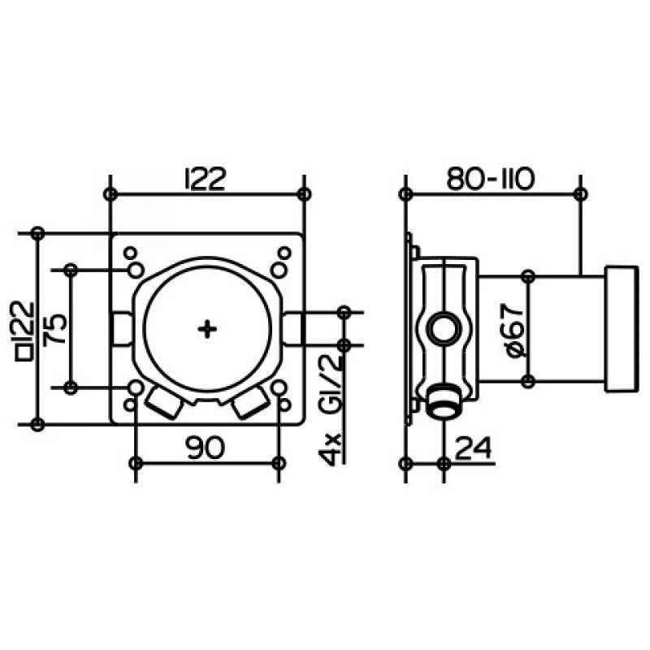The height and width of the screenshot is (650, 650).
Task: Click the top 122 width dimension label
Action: pyautogui.click(x=205, y=179)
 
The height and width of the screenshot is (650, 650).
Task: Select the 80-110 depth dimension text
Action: pyautogui.click(x=491, y=179)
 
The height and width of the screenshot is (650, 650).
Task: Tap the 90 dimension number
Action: pyautogui.click(x=206, y=448)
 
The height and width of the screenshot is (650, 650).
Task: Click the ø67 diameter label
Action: pyautogui.click(x=515, y=331)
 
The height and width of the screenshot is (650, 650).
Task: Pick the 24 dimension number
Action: pyautogui.click(x=473, y=448)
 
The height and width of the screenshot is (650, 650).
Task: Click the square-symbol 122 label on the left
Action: pyautogui.click(x=24, y=331)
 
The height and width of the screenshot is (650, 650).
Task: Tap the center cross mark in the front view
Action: pyautogui.click(x=207, y=330)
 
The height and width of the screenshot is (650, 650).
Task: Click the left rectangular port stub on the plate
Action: pyautogui.click(x=123, y=329)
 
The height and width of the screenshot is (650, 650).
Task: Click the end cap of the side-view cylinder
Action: pyautogui.click(x=621, y=329)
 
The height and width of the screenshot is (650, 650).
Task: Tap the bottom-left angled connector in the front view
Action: pyautogui.click(x=165, y=403)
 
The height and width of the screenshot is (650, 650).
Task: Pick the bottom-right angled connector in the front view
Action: pyautogui.click(x=250, y=403)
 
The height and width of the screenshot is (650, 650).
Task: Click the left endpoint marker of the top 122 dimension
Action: pyautogui.click(x=110, y=193)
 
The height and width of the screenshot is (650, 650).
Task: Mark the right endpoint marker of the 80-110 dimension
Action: pyautogui.click(x=581, y=193)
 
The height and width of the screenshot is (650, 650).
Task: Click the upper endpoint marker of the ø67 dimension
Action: pyautogui.click(x=527, y=275)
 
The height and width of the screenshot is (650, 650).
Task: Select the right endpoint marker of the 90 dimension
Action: pyautogui.click(x=279, y=463)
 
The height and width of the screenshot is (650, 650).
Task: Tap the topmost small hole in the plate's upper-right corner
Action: pyautogui.click(x=284, y=253)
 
